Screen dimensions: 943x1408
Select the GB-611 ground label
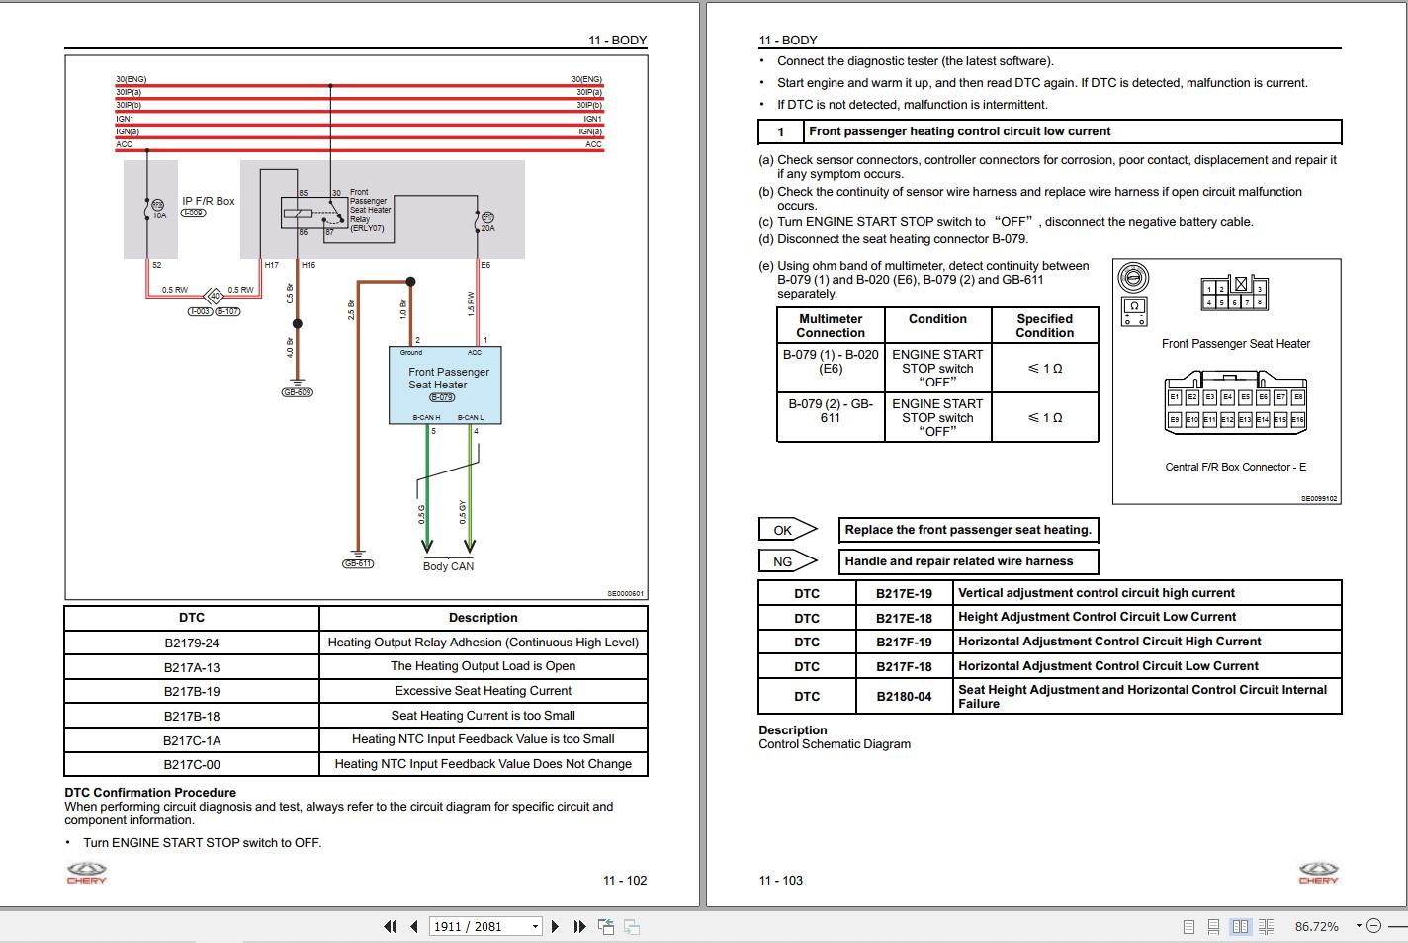pos(357,563)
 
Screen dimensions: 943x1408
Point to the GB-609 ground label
pos(297,392)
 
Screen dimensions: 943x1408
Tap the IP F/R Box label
pos(208,201)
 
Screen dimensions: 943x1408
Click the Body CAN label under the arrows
pos(448,566)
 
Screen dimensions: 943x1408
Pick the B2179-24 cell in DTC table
pos(192,643)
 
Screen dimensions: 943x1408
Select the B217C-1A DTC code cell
pos(192,740)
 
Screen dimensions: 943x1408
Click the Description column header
pos(483,618)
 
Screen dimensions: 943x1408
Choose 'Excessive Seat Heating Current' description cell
pos(483,691)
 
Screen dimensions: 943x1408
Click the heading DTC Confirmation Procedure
pos(150,792)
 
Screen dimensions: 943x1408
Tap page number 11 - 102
pos(624,880)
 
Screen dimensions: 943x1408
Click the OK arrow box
pos(786,530)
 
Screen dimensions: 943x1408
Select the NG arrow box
pos(786,561)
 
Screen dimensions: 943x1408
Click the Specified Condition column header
pos(1044,325)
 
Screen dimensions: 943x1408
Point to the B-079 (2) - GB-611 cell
pos(830,411)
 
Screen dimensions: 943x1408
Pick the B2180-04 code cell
pos(904,696)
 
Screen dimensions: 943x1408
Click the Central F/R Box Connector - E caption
pos(1235,467)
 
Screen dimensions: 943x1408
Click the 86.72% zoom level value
pos(1316,926)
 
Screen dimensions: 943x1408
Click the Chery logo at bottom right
pos(1318,873)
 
